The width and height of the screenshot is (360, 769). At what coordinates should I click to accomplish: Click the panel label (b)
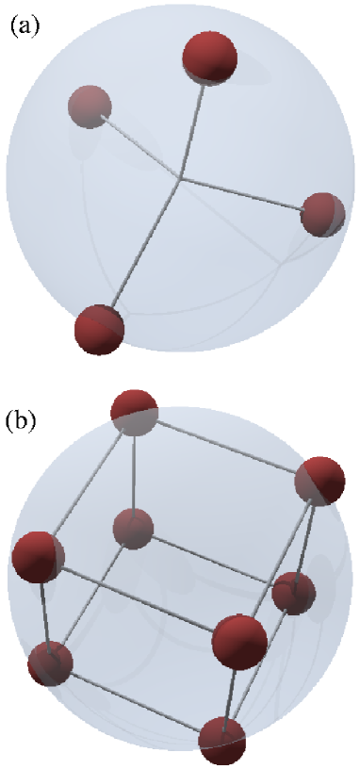pyautogui.click(x=22, y=417)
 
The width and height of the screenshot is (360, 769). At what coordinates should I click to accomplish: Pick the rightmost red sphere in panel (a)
pyautogui.click(x=322, y=215)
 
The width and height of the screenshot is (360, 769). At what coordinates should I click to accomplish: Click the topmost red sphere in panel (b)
pyautogui.click(x=134, y=414)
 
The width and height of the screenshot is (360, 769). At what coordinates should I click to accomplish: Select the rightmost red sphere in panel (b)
pyautogui.click(x=319, y=482)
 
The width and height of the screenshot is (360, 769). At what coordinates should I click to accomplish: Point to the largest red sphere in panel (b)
pyautogui.click(x=239, y=642)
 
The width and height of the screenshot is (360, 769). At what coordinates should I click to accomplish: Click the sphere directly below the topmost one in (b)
pyautogui.click(x=133, y=529)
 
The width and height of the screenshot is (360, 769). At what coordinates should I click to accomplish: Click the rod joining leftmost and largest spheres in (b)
pyautogui.click(x=137, y=598)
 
